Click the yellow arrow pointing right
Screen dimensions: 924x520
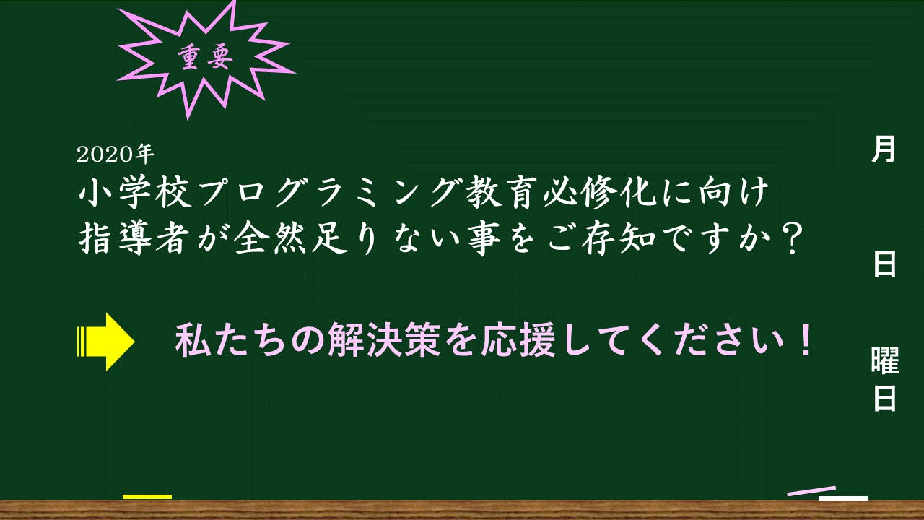[105, 342]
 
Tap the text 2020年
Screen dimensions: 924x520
[115, 155]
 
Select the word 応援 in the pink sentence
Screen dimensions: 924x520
[518, 341]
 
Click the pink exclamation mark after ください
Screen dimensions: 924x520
[804, 340]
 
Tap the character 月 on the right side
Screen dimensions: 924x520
[883, 149]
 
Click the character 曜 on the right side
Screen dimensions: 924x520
[885, 360]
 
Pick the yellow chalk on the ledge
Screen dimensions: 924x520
[147, 497]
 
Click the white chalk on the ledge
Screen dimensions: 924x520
[842, 498]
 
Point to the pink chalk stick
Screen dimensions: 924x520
[811, 491]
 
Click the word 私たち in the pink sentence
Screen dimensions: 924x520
[232, 341]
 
